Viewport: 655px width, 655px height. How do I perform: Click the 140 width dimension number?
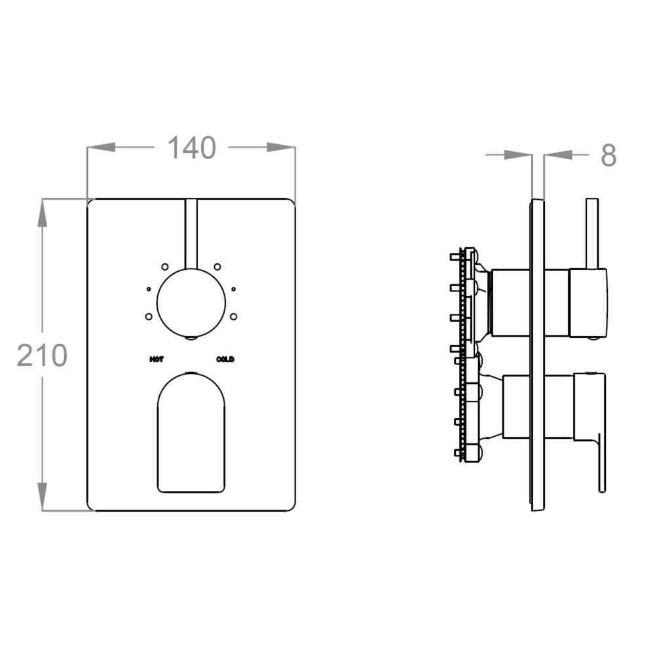tap(192, 148)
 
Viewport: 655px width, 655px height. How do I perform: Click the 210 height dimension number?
tap(42, 356)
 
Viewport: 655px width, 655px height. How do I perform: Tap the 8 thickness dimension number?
tap(608, 155)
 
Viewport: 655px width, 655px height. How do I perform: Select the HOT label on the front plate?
tap(157, 359)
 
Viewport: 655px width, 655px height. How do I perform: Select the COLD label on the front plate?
tap(225, 359)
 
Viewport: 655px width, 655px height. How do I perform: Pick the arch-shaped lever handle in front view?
tap(191, 433)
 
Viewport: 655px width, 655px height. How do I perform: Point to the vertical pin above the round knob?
tap(191, 234)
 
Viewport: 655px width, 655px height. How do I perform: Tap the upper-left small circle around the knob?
tap(165, 267)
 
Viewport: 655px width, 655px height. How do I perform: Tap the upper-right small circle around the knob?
tap(217, 267)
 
